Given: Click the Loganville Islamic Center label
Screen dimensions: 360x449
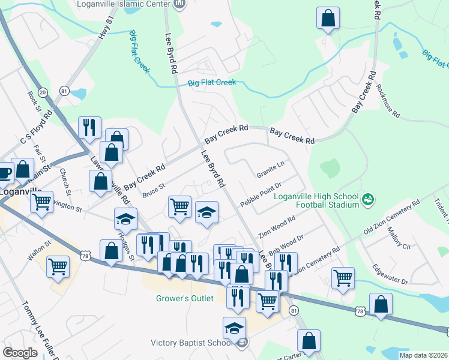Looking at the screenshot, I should pos(124,3).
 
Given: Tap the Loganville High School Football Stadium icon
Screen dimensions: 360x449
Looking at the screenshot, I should pos(369,198).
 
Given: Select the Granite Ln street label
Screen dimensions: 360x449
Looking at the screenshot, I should pos(270,169).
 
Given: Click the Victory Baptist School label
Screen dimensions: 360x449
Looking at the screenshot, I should pos(192,343).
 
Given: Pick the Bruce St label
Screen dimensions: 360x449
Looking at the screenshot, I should pos(154,191).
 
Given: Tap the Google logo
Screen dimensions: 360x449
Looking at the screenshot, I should pos(20,353).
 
